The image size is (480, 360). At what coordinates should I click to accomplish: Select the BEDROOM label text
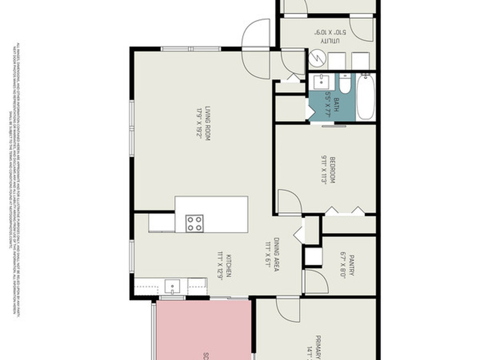coord(332,170)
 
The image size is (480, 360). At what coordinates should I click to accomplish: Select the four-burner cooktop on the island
coord(194,223)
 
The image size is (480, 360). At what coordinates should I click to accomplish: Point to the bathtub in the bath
coord(366,97)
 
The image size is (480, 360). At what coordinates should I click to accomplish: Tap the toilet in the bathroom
coord(345,83)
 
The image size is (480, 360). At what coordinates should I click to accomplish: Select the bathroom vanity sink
coord(322,81)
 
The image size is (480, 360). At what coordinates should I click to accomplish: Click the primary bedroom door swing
coord(288,310)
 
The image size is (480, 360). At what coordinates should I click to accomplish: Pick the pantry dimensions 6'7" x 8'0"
coord(343,266)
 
